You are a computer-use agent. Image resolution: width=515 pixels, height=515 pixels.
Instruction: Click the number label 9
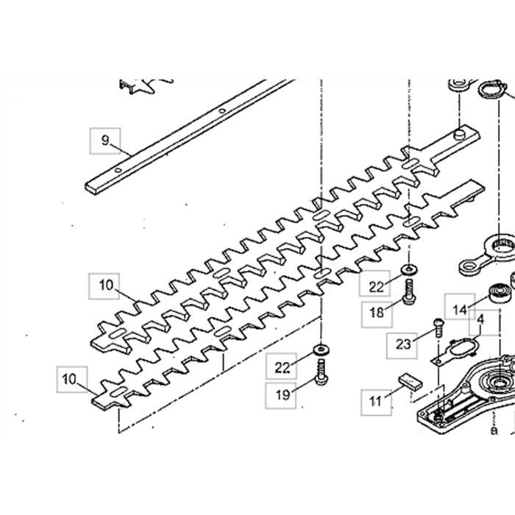pyautogui.click(x=104, y=141)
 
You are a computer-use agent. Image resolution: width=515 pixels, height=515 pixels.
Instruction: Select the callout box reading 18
pyautogui.click(x=377, y=312)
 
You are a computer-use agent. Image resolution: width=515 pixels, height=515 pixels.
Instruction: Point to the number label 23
pyautogui.click(x=402, y=344)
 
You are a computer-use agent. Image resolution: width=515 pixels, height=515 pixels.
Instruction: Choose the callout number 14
pyautogui.click(x=461, y=310)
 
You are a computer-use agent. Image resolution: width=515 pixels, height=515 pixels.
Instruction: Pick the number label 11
pyautogui.click(x=376, y=401)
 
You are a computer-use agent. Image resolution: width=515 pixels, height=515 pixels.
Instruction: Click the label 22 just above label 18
pyautogui.click(x=377, y=286)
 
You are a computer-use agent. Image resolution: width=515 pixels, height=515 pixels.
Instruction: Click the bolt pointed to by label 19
pyautogui.click(x=321, y=372)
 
